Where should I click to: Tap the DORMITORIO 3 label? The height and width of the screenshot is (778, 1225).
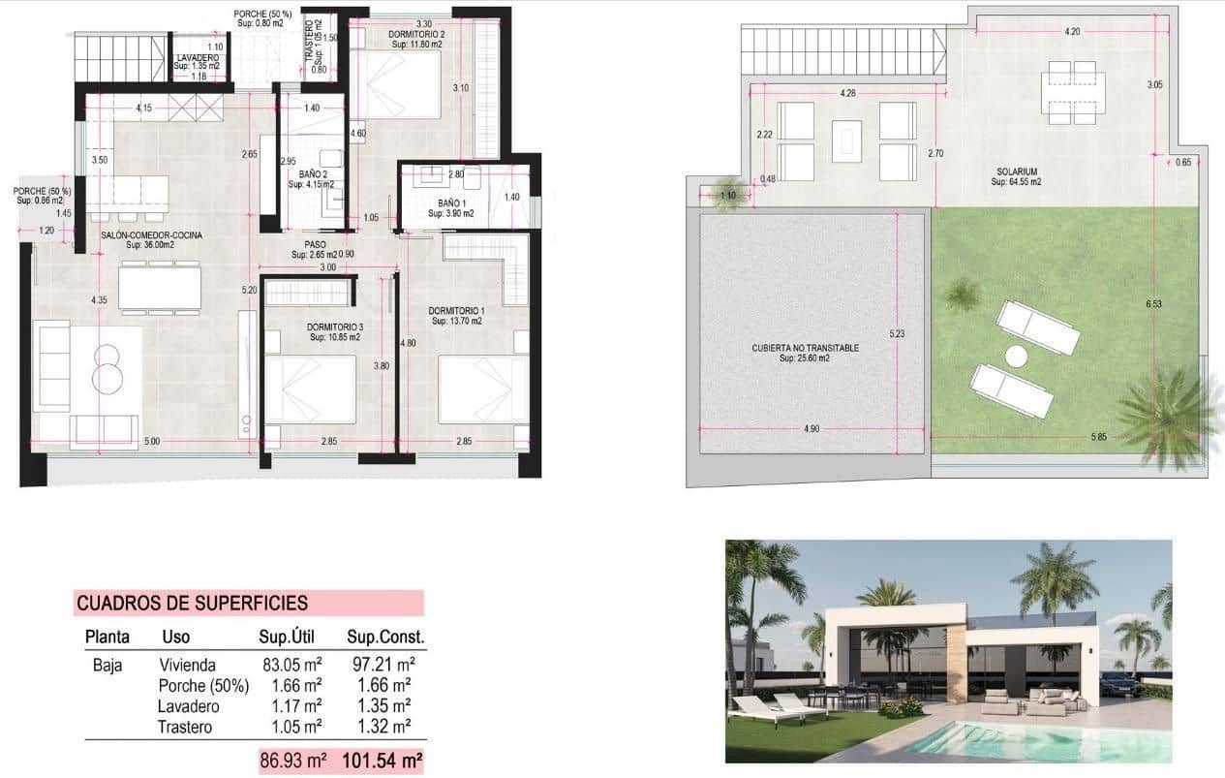coord(336,327)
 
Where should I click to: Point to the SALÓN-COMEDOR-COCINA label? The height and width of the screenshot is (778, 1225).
coord(138,235)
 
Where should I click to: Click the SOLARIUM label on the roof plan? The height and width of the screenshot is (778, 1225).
coord(1015,171)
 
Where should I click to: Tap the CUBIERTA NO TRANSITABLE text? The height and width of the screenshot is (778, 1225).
coord(805,348)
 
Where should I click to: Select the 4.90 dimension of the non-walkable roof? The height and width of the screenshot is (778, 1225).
coord(811,429)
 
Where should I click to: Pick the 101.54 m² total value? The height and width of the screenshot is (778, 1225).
coord(383,762)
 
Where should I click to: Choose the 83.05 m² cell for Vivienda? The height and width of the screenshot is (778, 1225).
coord(291,665)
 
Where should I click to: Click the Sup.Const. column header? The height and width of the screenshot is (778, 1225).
coord(385,638)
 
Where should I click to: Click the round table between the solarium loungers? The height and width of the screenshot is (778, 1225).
coord(1015,357)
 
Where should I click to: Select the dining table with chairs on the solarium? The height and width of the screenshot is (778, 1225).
coord(1071,93)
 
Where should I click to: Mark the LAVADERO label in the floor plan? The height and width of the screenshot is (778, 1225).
coord(198,58)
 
